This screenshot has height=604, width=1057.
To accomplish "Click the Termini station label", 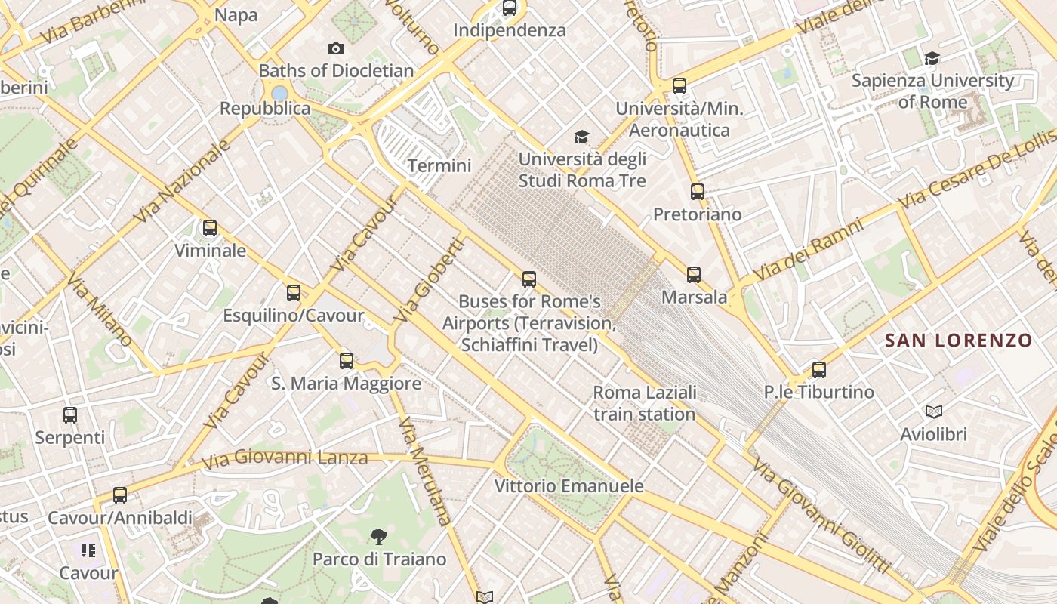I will [439, 166].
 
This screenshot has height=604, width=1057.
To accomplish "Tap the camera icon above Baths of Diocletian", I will [336, 49].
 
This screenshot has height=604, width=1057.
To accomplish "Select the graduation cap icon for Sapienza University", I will [932, 58].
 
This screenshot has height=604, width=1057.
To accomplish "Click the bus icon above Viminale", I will [210, 227].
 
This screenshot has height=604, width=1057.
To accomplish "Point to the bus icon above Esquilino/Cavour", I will [294, 293].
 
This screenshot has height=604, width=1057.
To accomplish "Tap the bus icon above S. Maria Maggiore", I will [347, 361].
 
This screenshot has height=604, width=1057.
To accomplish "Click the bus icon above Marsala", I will [694, 275].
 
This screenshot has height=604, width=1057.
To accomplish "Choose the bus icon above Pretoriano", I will [698, 192].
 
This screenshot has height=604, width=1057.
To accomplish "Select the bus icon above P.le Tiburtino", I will [819, 370].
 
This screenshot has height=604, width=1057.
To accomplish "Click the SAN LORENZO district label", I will [958, 341].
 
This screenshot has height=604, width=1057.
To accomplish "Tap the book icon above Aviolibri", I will [934, 412].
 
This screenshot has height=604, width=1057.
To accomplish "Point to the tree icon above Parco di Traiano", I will [379, 537].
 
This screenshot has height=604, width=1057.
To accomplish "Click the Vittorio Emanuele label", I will [569, 486].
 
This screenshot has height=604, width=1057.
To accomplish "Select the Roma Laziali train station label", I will [645, 403].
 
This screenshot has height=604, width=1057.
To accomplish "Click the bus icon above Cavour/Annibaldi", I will [120, 495].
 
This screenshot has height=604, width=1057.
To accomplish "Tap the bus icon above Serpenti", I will [70, 415].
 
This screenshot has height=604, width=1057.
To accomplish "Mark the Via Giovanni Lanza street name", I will [285, 458].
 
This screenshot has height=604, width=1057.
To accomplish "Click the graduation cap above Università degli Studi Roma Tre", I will [581, 137].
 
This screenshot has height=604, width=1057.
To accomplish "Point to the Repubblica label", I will [265, 109].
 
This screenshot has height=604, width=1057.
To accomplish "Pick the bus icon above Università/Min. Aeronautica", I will [679, 86].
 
